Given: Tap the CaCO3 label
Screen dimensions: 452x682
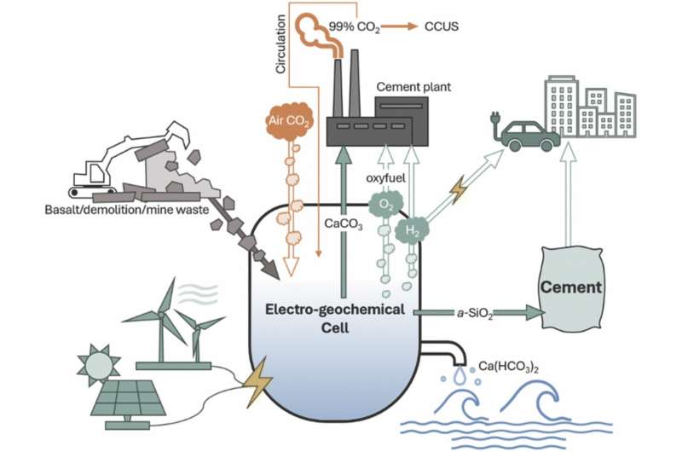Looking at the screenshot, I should pyautogui.click(x=321, y=225).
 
